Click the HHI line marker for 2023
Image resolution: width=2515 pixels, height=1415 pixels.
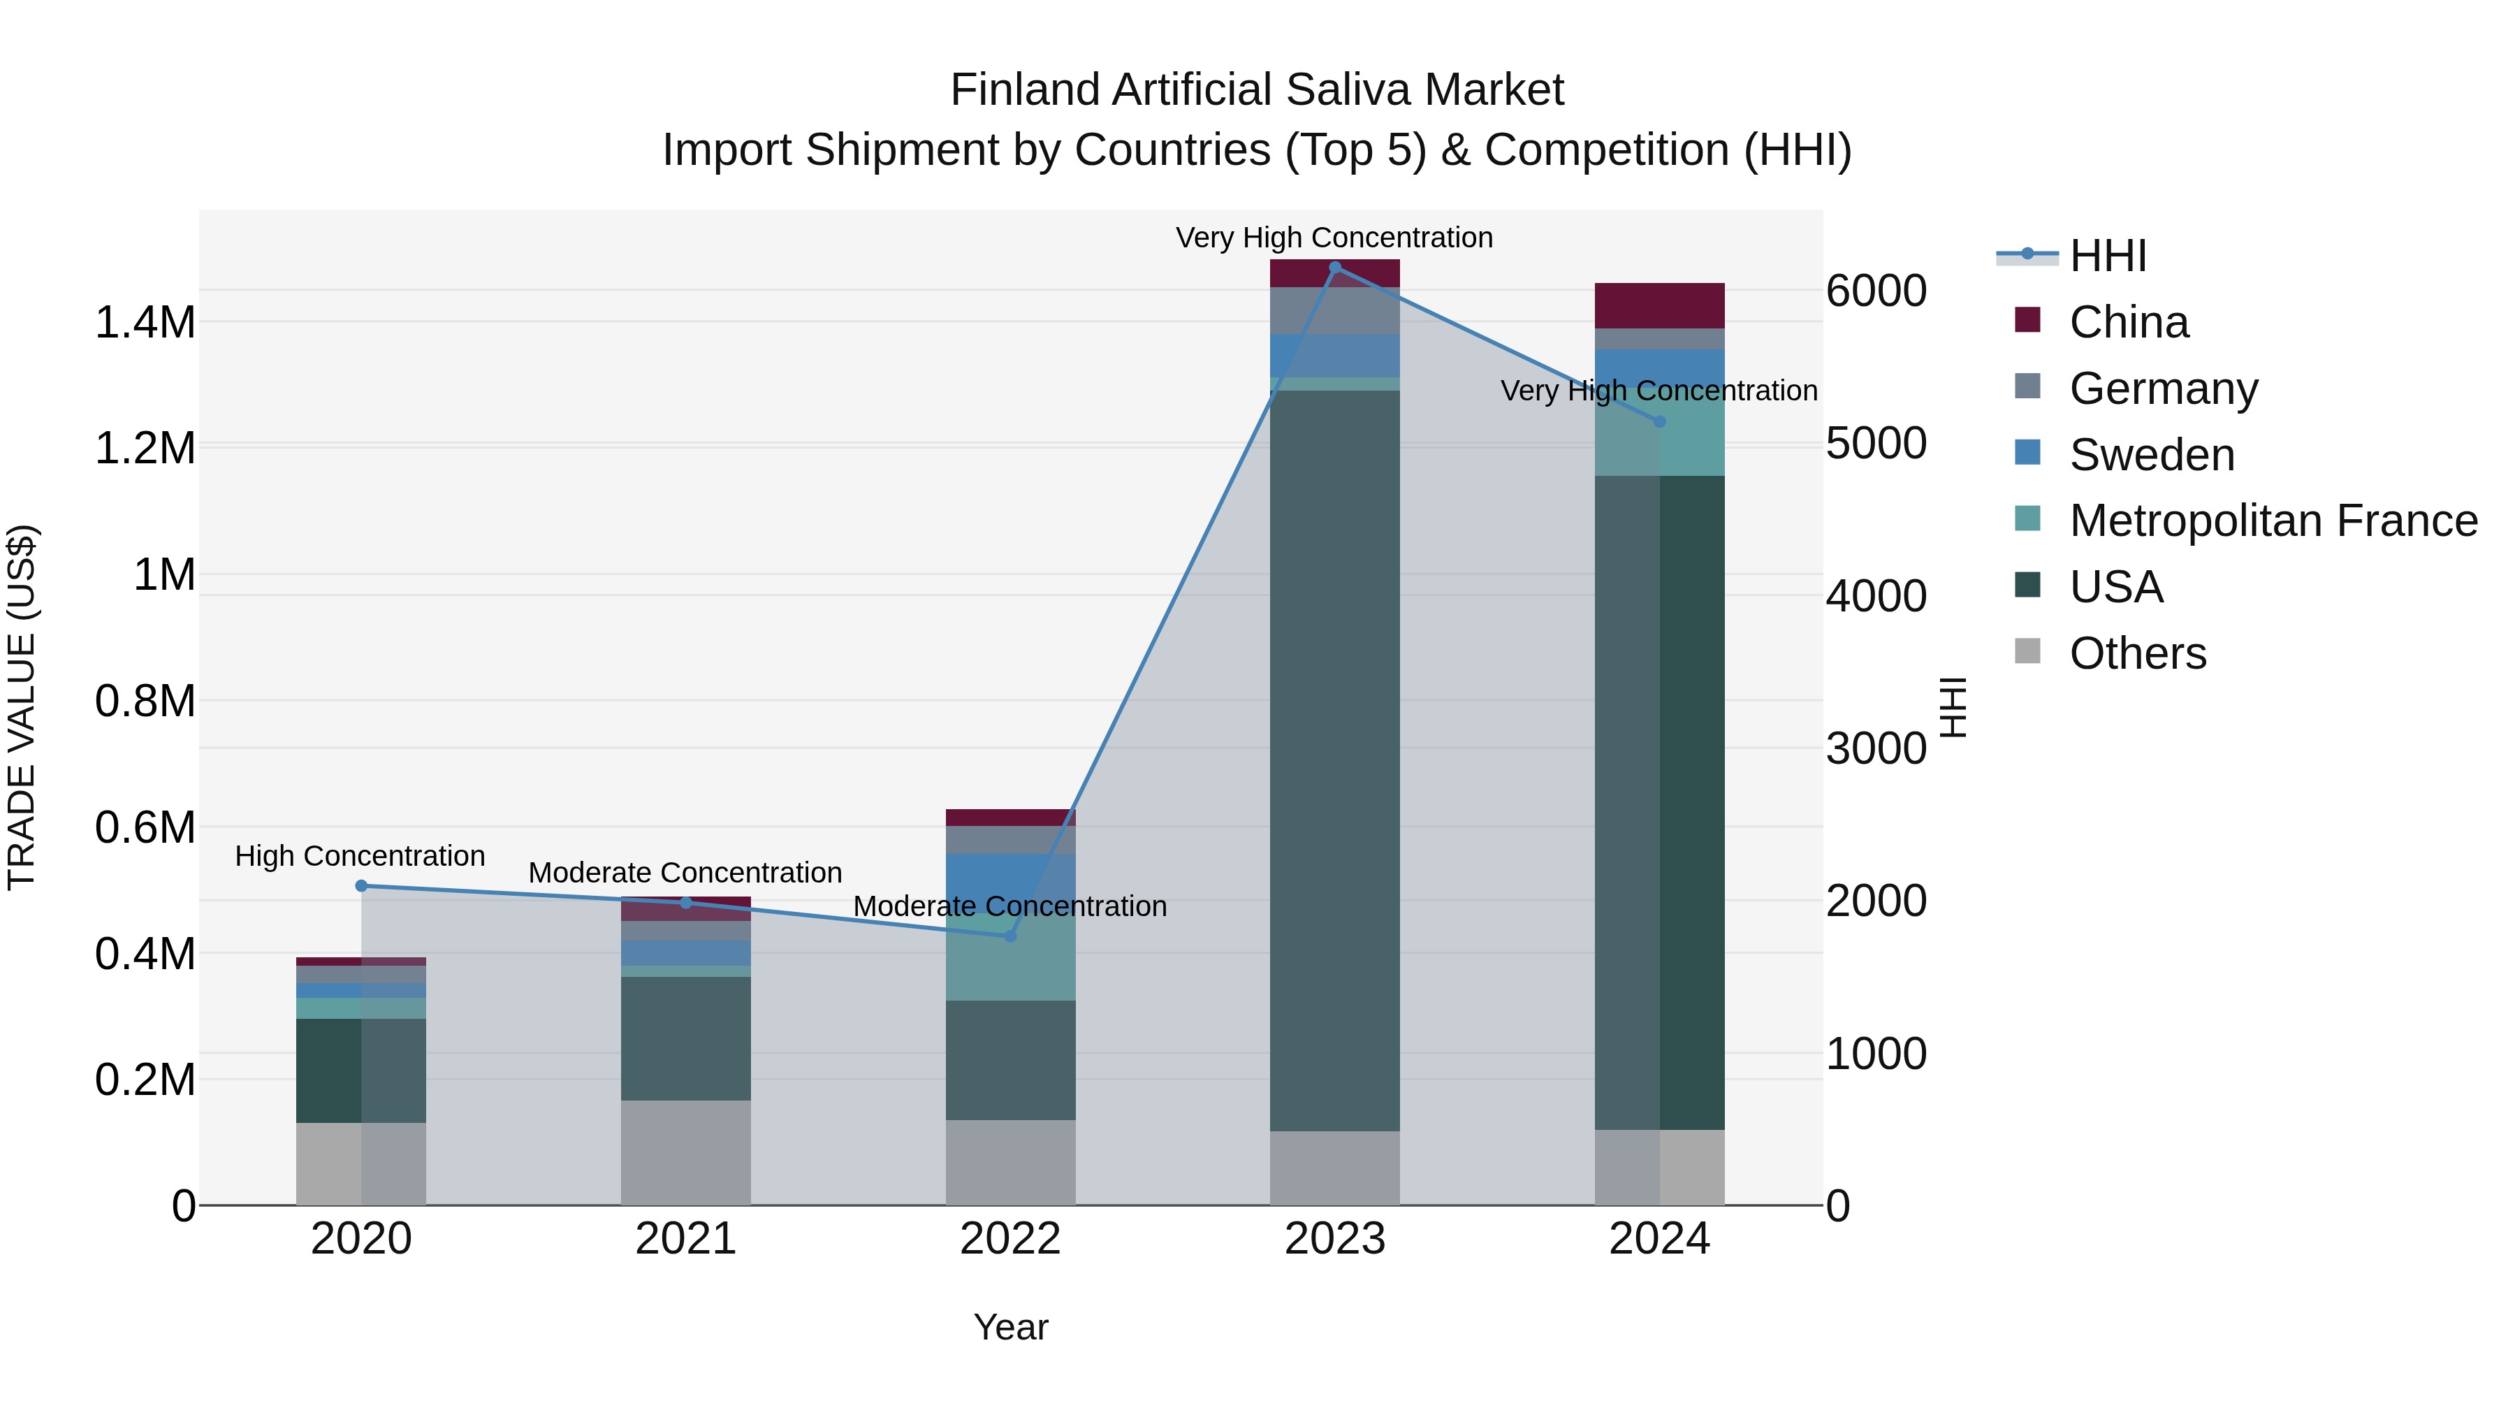pyautogui.click(x=1334, y=268)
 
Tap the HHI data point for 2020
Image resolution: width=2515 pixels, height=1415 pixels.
pyautogui.click(x=361, y=886)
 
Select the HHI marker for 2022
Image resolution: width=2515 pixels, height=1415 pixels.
pyautogui.click(x=1010, y=936)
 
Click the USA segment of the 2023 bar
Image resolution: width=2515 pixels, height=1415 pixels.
pyautogui.click(x=1334, y=762)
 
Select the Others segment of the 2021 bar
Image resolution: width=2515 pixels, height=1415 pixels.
pyautogui.click(x=685, y=1152)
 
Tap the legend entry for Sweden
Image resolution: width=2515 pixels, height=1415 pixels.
pyautogui.click(x=2151, y=455)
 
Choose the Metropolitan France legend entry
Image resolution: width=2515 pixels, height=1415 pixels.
pyautogui.click(x=2273, y=521)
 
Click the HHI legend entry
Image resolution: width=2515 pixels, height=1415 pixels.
pyautogui.click(x=2107, y=256)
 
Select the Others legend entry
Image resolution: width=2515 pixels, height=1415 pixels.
pyautogui.click(x=2137, y=653)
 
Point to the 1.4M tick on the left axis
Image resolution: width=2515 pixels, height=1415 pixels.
pyautogui.click(x=145, y=322)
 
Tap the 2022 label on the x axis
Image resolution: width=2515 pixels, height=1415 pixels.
pyautogui.click(x=1010, y=1239)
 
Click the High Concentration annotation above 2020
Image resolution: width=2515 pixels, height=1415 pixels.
pyautogui.click(x=360, y=857)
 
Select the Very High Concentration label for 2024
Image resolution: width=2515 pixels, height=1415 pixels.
pyautogui.click(x=1659, y=391)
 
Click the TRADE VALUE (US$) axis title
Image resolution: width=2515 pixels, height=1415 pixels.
pyautogui.click(x=22, y=707)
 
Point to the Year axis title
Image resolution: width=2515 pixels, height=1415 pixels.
pyautogui.click(x=1010, y=1327)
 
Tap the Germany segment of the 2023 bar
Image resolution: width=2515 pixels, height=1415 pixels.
pyautogui.click(x=1334, y=310)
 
